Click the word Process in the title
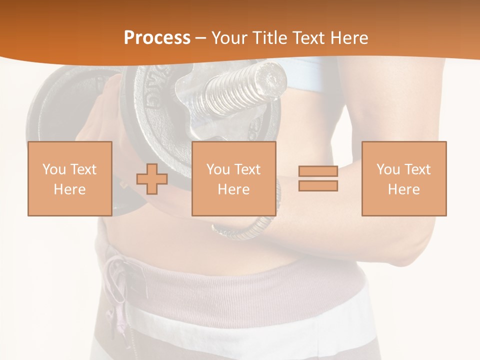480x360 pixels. point(157,38)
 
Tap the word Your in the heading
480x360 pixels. point(229,38)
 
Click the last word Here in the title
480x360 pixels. point(349,38)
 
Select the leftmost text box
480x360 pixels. point(70,178)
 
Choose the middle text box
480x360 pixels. point(233,178)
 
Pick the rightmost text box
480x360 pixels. point(403,178)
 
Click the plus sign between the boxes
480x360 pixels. point(152,178)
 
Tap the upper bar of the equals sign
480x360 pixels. point(318,171)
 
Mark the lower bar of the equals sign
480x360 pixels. point(318,186)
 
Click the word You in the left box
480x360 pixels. point(53,169)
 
